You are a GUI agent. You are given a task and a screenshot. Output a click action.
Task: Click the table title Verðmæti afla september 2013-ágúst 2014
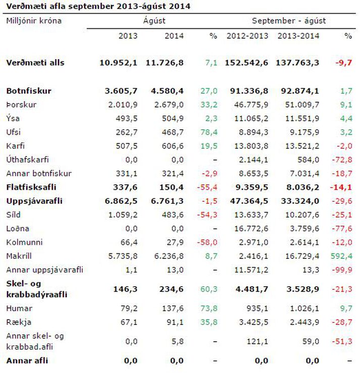point(98,6)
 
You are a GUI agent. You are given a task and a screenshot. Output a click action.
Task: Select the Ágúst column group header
point(154,21)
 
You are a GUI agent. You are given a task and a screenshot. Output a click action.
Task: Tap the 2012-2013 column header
point(247,36)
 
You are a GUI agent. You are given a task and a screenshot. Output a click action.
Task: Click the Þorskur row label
point(21,104)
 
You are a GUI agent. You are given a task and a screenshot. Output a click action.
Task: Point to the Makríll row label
point(19,256)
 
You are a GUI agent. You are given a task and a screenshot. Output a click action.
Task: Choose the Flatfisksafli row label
point(31,187)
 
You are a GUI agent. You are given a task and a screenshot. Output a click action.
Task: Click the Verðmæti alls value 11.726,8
point(165,63)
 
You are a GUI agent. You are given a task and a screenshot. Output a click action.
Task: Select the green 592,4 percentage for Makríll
point(341,256)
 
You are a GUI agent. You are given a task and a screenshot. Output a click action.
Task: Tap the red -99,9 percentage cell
point(342,270)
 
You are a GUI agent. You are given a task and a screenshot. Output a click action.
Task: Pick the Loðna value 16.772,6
point(251,229)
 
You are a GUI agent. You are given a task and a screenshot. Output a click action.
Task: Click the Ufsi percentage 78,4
point(209,132)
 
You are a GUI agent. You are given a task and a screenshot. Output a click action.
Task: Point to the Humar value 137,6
point(173,308)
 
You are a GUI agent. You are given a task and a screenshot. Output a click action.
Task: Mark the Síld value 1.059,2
point(123,215)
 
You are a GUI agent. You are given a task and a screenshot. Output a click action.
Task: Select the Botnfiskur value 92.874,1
point(300,91)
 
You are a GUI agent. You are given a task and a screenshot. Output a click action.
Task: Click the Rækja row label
point(19,322)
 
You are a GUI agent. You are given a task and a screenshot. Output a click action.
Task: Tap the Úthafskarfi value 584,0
point(308,159)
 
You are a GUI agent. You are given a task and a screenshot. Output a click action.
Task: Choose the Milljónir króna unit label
point(34,21)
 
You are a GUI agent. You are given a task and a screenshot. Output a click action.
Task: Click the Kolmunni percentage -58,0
point(207,242)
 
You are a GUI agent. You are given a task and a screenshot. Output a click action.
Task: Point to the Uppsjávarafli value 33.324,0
point(300,201)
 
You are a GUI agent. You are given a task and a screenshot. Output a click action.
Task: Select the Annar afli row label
point(27,360)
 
